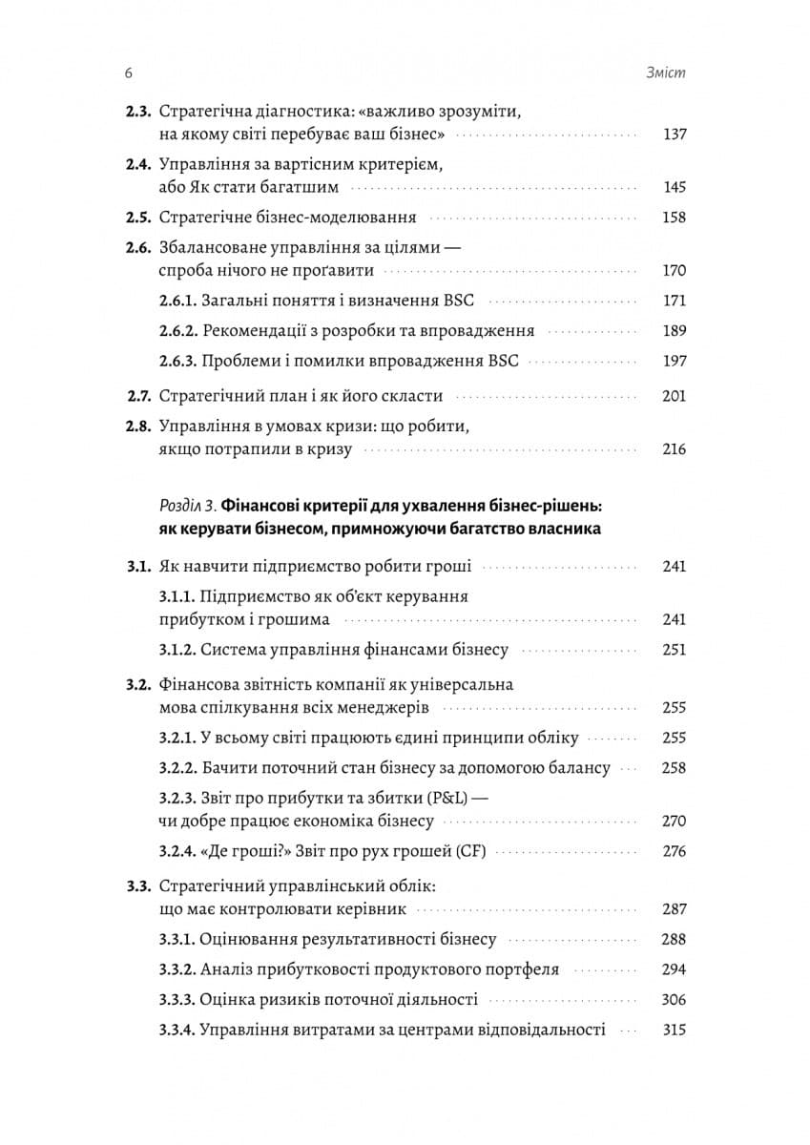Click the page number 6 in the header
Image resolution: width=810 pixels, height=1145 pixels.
(x=128, y=73)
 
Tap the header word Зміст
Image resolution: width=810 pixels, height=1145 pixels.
(x=667, y=73)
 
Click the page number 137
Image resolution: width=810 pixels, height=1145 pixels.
(x=674, y=135)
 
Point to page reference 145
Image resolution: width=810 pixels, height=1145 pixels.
(x=674, y=187)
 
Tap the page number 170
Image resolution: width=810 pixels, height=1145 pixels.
(x=674, y=271)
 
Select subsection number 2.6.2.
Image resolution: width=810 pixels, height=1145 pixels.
(x=177, y=331)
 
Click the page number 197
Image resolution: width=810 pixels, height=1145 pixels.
(x=674, y=362)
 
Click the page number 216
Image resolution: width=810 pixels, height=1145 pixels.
(x=674, y=449)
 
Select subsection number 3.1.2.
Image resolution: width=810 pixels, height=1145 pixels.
(x=177, y=650)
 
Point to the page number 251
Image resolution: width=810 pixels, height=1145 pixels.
(x=674, y=650)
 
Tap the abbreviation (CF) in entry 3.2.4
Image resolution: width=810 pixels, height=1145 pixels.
(x=467, y=851)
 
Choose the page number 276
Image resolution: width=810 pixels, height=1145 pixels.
(x=674, y=851)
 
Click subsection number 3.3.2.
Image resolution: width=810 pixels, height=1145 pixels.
(x=177, y=969)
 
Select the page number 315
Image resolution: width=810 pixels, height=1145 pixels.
(x=674, y=1030)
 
